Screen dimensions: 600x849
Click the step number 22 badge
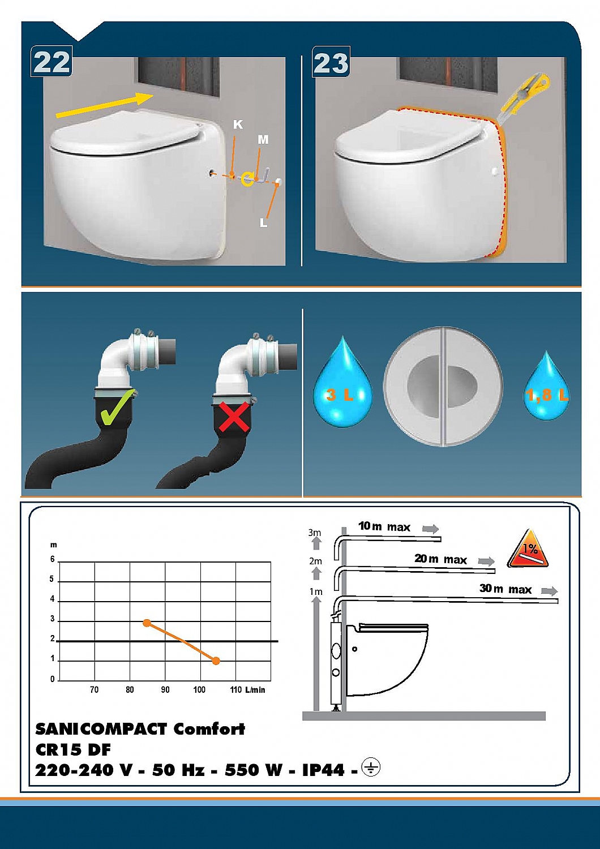[52, 61]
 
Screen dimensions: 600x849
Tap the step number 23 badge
[331, 62]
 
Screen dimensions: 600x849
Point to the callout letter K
[238, 125]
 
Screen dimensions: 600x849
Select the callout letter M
[263, 140]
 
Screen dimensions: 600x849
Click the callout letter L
[263, 223]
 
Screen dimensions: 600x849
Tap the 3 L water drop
[342, 384]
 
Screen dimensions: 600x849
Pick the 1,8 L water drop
[546, 387]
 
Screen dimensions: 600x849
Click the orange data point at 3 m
[147, 623]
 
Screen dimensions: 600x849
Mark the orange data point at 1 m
[216, 661]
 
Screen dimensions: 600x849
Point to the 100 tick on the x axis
[199, 689]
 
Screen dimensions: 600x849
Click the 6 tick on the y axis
[53, 559]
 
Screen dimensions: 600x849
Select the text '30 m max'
[505, 589]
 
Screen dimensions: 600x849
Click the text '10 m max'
[384, 526]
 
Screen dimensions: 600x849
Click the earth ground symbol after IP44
[371, 767]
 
